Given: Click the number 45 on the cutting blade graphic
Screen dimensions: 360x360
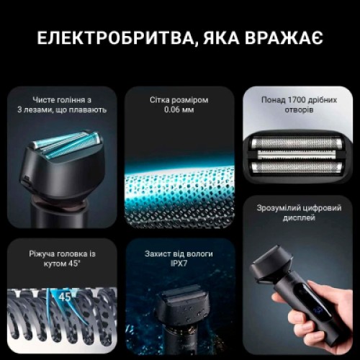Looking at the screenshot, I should tap(66, 296).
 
